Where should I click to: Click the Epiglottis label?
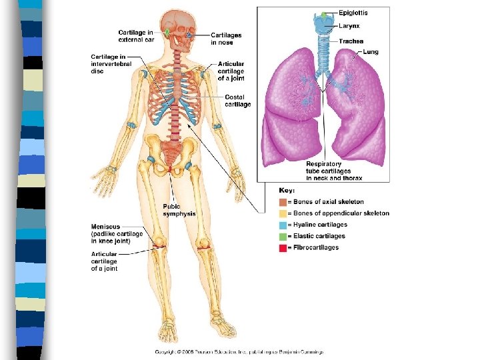[353, 13]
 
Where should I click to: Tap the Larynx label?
[349, 27]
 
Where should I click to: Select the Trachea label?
[351, 41]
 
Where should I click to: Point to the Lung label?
[371, 52]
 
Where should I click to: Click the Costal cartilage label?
[238, 101]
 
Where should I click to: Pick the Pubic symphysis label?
[179, 210]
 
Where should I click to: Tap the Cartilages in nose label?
[226, 39]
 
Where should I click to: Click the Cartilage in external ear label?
[136, 36]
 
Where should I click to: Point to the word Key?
[287, 191]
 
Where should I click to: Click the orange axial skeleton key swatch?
[283, 202]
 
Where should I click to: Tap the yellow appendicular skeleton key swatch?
[283, 213]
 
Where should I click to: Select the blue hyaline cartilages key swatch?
[283, 225]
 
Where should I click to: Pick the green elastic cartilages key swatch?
[283, 236]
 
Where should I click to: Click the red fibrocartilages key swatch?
[283, 247]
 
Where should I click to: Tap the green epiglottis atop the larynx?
[324, 15]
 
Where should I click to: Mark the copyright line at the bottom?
[239, 351]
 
